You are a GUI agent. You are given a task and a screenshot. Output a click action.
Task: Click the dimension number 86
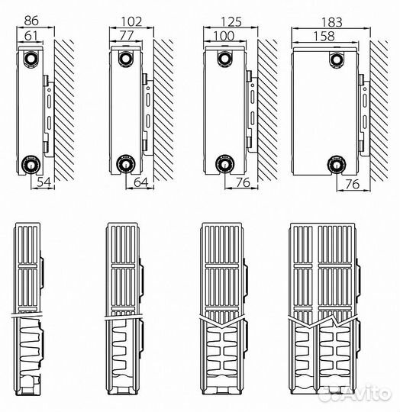click(31, 21)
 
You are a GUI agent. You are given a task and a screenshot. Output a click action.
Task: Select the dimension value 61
click(31, 36)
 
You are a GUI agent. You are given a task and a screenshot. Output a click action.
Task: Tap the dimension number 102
click(131, 21)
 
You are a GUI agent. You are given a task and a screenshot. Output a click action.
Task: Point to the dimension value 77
click(127, 35)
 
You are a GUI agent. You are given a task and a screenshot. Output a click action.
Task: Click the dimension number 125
click(231, 22)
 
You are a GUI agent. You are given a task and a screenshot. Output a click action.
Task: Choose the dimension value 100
click(224, 36)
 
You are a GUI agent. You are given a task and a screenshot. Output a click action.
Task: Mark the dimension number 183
click(331, 22)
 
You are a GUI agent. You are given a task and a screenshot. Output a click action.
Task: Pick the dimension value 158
click(324, 37)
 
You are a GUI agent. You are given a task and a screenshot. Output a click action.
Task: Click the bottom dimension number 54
click(44, 182)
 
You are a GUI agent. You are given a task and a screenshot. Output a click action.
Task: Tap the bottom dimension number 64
click(141, 182)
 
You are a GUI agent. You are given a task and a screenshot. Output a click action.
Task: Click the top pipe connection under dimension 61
click(31, 59)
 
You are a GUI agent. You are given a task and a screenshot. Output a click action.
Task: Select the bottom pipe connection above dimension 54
click(31, 164)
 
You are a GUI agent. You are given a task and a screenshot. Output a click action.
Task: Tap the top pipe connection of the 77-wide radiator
click(126, 58)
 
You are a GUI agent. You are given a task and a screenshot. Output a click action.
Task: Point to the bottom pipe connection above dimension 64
click(126, 164)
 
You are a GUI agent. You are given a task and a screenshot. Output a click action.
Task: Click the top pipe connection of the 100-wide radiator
click(224, 59)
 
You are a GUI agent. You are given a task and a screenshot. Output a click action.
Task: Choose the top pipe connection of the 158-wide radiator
click(337, 60)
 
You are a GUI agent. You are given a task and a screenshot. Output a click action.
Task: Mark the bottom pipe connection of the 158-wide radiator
click(337, 165)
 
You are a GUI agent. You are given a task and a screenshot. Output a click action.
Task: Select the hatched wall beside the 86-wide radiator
click(64, 111)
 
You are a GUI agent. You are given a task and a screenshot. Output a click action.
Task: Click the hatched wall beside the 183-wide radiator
click(379, 111)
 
